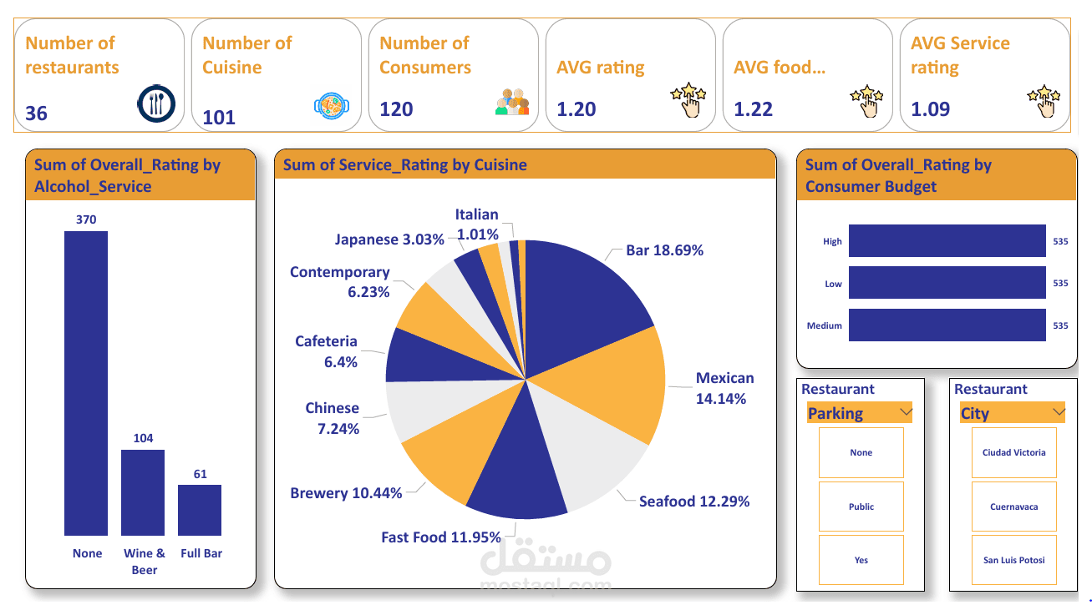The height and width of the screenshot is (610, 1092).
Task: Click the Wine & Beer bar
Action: coord(143,492)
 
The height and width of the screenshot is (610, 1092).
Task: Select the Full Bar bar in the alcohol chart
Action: coord(200,510)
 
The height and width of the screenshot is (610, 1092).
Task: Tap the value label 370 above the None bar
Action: coord(86,219)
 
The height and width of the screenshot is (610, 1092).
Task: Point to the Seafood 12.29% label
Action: coord(693,502)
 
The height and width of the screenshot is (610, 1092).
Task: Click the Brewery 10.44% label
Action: coord(346,493)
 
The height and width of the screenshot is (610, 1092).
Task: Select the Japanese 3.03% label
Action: coord(389,239)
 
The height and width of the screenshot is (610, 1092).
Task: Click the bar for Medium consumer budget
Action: coord(947,325)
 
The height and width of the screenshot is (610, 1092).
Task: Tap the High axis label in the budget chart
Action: coord(832,241)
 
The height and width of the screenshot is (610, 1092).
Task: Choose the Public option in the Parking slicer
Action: coord(861,507)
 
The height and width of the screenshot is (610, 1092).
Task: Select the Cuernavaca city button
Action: coord(1013,507)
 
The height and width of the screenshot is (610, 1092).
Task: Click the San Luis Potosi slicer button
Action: coord(1013,560)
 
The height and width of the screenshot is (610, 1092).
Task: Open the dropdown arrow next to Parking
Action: coord(905,412)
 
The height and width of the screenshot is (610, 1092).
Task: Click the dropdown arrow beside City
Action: coord(1059,412)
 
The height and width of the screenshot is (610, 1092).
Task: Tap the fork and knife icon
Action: coord(156,103)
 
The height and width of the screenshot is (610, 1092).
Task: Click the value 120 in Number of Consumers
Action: coord(396,109)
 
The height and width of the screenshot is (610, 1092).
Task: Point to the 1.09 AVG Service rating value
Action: coord(930,109)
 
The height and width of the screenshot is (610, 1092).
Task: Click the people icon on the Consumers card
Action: coord(512,102)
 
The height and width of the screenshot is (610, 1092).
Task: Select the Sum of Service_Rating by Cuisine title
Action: coord(405,164)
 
